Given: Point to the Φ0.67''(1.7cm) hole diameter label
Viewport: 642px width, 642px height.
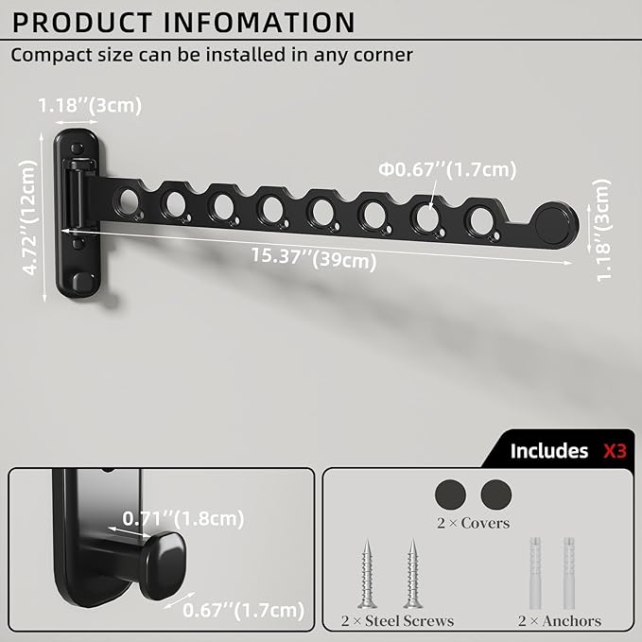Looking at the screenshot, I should pyautogui.click(x=448, y=169).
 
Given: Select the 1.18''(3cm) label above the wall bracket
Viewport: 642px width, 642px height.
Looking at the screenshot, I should pyautogui.click(x=91, y=105).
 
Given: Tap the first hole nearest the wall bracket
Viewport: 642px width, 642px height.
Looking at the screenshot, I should pyautogui.click(x=128, y=200).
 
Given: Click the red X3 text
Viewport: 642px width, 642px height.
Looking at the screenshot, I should pyautogui.click(x=615, y=451).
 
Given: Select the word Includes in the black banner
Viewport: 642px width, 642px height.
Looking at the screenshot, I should pyautogui.click(x=549, y=451).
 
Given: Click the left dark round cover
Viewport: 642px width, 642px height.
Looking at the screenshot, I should pyautogui.click(x=451, y=494).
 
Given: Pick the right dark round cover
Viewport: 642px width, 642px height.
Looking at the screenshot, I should pyautogui.click(x=495, y=494).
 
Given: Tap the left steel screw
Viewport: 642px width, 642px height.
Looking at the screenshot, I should pyautogui.click(x=367, y=574).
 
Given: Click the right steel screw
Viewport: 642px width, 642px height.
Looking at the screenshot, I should pyautogui.click(x=412, y=574).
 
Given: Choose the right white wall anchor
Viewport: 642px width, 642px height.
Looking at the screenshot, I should pyautogui.click(x=570, y=573).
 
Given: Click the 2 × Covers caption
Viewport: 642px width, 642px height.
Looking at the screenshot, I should pyautogui.click(x=472, y=523).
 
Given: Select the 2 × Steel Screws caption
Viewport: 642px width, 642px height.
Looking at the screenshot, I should pyautogui.click(x=397, y=621).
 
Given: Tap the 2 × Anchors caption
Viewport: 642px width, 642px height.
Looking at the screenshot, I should pyautogui.click(x=559, y=621).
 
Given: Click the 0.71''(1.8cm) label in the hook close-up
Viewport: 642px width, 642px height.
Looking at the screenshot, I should pyautogui.click(x=183, y=517).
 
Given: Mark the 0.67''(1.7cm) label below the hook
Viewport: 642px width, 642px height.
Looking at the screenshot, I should pyautogui.click(x=245, y=610).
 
